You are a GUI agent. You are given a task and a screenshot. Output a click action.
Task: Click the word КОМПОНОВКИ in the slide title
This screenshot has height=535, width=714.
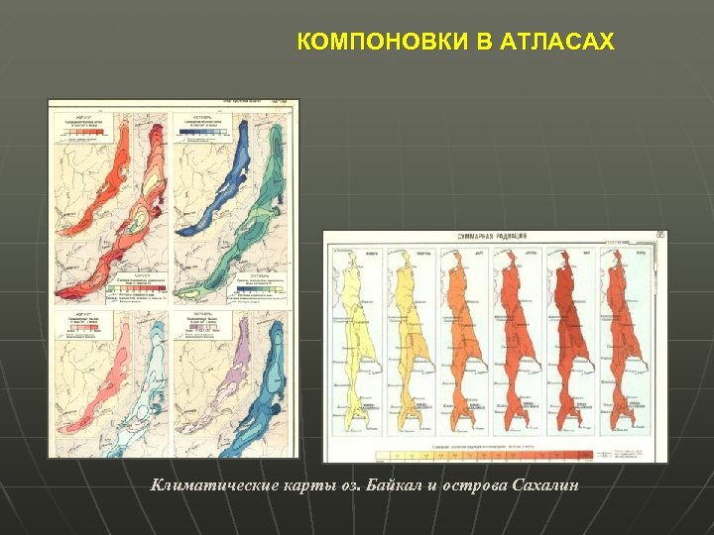coord(363,43)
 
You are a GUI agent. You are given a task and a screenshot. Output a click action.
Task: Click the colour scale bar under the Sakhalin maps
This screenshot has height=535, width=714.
coord(486,454)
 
